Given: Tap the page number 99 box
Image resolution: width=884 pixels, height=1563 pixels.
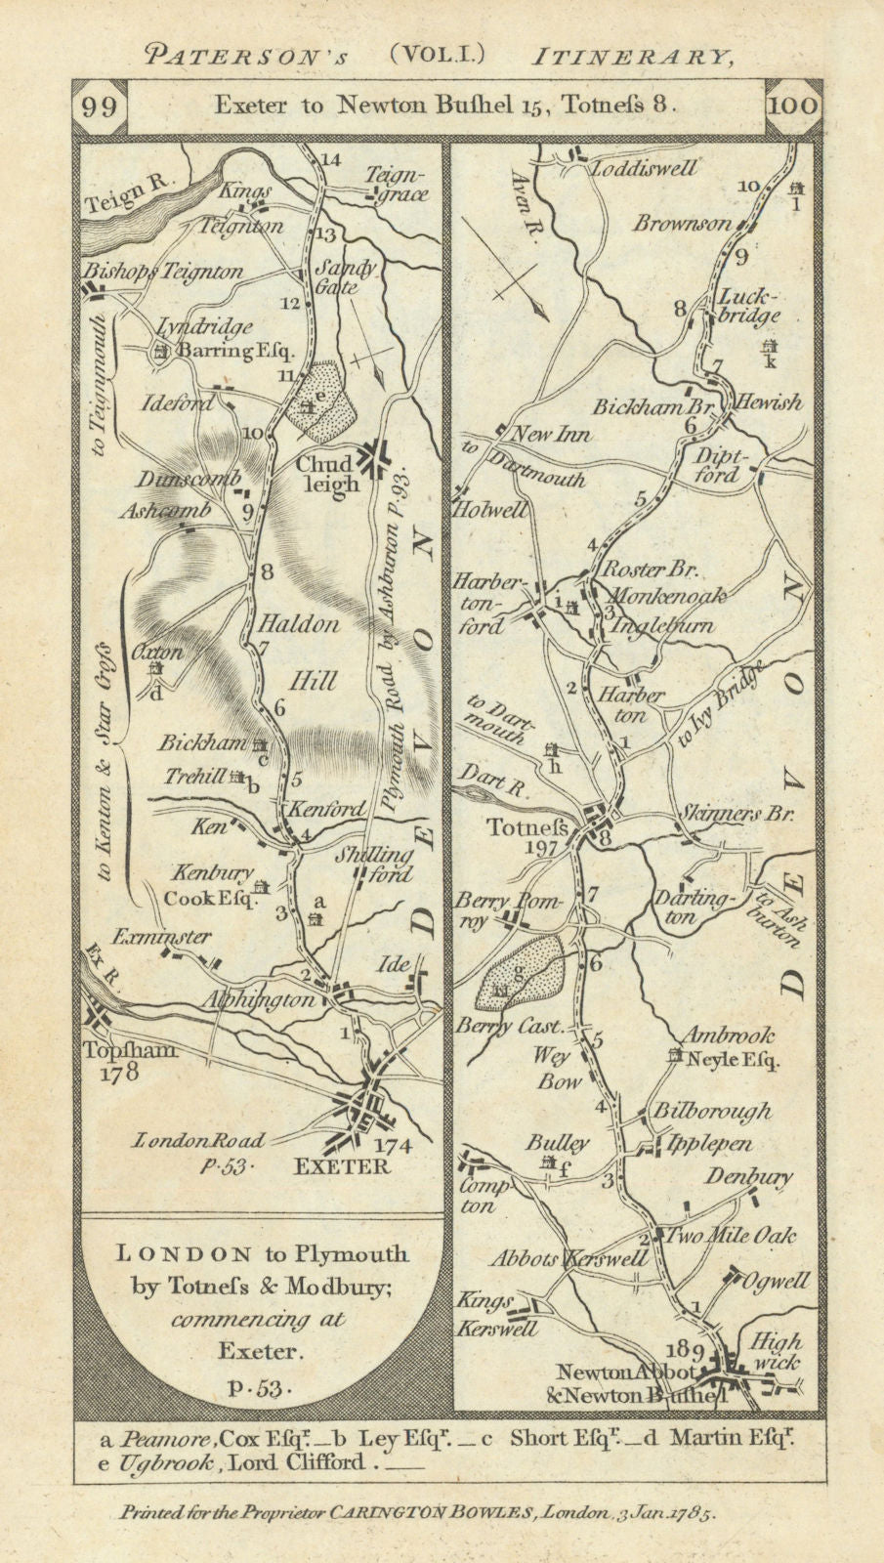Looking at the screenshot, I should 101,106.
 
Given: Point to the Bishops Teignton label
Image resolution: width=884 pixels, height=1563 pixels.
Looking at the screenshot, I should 164,272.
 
